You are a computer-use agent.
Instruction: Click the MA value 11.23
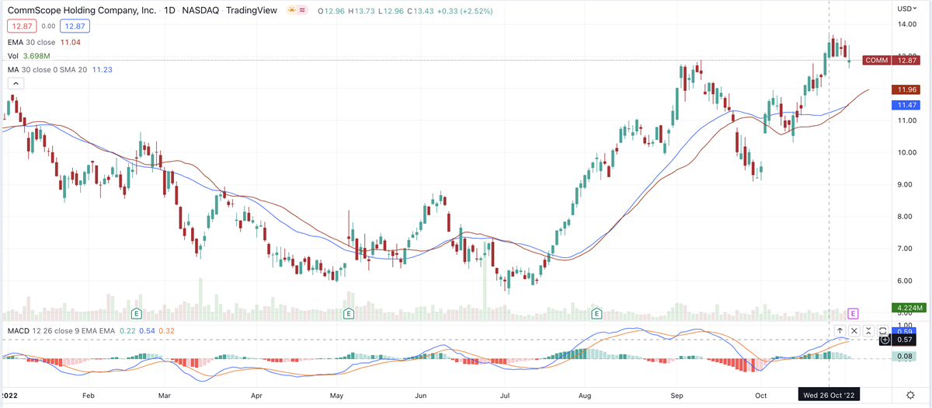103,69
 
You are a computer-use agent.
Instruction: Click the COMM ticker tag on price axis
877,60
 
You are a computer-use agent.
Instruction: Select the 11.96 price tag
906,89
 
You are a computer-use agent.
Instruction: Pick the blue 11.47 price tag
906,104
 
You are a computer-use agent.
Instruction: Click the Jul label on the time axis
505,395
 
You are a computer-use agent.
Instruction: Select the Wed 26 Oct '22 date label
829,395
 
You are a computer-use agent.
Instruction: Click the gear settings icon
910,395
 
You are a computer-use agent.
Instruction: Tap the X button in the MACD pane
854,331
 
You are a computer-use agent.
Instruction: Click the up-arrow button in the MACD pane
840,331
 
